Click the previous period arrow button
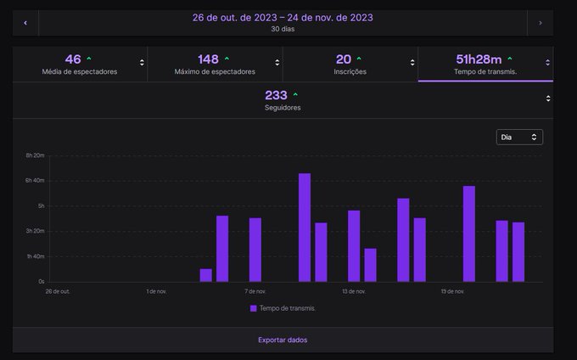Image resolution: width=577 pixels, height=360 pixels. [25, 22]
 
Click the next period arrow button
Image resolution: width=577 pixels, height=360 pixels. [540, 22]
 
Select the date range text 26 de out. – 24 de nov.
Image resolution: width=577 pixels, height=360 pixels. [283, 17]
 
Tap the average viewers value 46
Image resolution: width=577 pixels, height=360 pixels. [73, 59]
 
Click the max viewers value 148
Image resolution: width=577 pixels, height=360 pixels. [208, 59]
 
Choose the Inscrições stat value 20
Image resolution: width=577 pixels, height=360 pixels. [344, 59]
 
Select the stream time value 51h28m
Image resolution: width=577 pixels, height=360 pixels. [478, 59]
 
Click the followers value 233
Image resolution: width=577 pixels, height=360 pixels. [276, 95]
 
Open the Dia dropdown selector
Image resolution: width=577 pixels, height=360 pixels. [519, 137]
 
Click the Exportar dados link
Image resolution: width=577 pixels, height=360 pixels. [283, 340]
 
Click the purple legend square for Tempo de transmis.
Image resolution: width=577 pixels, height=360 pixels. [254, 308]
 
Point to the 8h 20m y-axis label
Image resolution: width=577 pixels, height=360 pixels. [35, 156]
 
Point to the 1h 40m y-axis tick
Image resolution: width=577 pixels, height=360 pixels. [35, 256]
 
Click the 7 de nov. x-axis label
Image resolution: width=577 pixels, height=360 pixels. [255, 291]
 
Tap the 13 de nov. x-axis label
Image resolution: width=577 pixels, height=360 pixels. [354, 291]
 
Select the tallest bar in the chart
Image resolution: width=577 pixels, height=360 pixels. [304, 228]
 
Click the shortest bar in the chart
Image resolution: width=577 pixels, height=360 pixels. [205, 275]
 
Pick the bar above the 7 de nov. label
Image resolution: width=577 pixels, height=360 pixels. [255, 250]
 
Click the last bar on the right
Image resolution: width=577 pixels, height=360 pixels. [518, 251]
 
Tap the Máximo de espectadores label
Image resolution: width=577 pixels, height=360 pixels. [215, 72]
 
